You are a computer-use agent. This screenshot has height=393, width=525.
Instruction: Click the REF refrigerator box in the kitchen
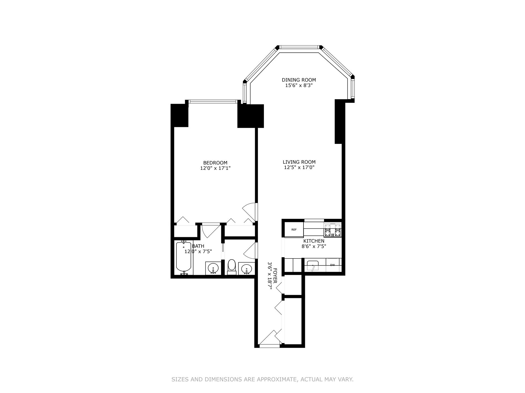pos(294,230)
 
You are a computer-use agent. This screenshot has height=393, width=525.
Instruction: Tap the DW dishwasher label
pos(332,265)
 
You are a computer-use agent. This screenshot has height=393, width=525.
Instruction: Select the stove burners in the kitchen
pos(332,230)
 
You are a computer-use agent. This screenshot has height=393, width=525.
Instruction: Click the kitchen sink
pos(313,266)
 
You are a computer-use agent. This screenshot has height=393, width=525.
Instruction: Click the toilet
pos(232,267)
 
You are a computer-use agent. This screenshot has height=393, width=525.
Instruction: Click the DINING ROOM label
pos(299,80)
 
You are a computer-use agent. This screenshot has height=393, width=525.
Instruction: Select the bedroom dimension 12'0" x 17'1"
pos(215,168)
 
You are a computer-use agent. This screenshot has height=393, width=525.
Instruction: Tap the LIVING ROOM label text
pos(299,162)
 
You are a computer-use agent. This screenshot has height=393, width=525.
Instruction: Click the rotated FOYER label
pos(275,276)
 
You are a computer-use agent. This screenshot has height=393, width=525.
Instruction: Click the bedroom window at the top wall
pos(212,102)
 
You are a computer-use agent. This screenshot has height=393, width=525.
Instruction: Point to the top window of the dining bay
pos(299,47)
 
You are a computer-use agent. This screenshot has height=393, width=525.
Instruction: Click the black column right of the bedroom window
pos(250,116)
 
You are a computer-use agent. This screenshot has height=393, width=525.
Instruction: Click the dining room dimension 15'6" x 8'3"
pos(299,85)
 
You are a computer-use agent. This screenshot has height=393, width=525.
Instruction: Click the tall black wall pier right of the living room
pos(339,122)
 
